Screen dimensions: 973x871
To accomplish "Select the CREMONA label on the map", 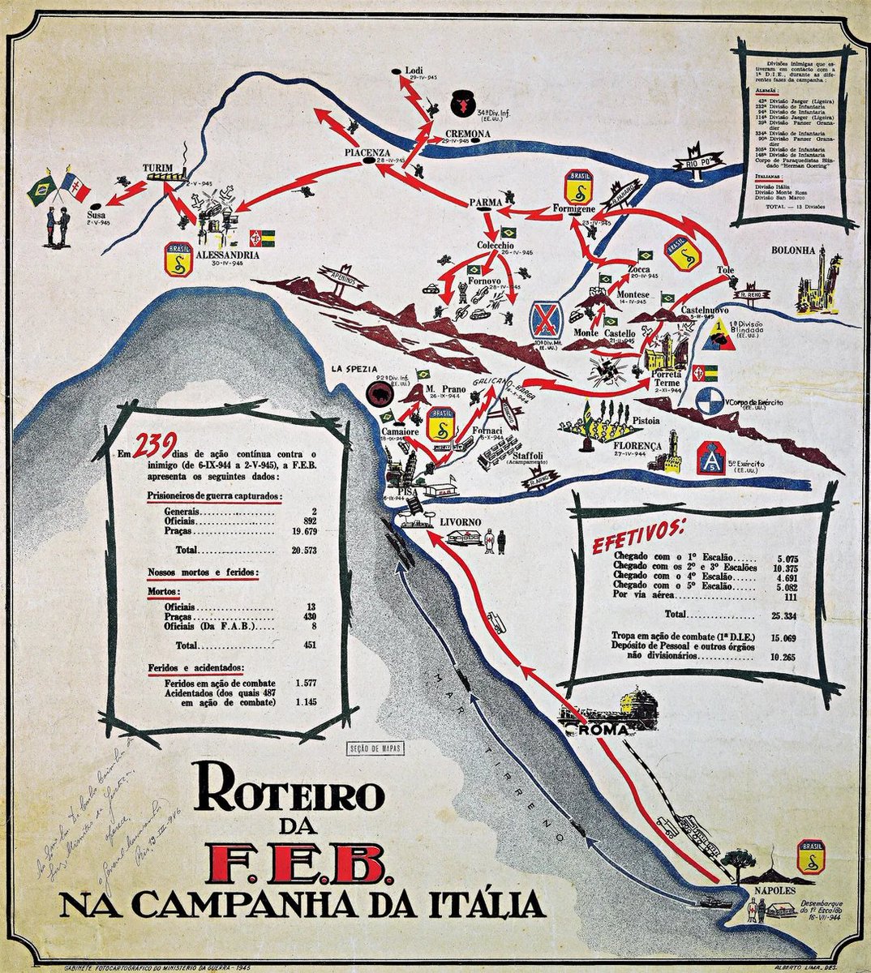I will pos(467,134).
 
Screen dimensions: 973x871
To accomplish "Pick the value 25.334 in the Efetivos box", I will pos(777,614).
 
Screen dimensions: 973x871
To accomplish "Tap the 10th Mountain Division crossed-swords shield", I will pos(546,322).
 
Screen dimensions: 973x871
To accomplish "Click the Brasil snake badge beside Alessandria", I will pos(178,257).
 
